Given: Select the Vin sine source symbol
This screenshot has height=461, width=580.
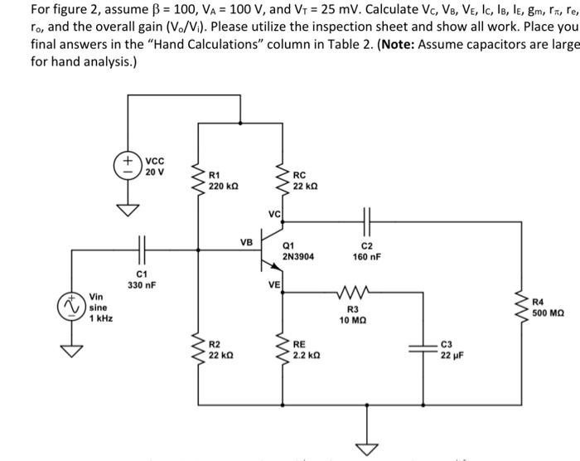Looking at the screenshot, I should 75,308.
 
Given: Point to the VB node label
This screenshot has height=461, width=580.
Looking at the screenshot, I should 246,243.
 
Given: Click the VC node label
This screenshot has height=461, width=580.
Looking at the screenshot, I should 274,214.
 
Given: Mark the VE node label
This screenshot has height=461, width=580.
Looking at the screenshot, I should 274,284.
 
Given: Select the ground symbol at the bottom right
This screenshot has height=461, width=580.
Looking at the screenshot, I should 362,449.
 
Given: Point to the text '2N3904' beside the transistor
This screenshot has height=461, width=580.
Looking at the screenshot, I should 299,257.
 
